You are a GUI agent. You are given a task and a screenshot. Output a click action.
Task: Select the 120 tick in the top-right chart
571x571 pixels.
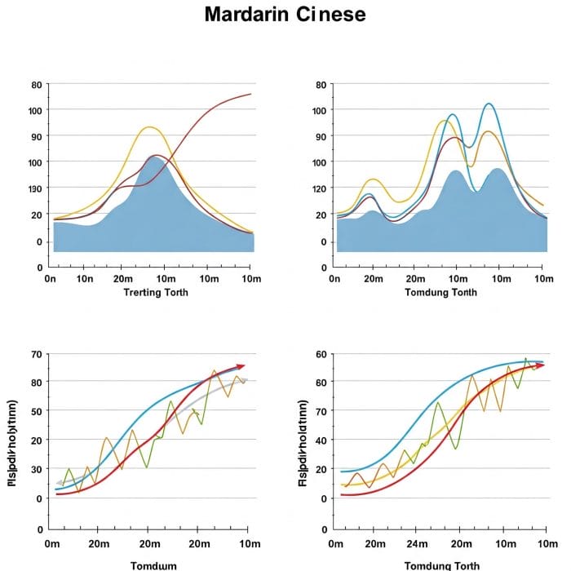[319, 189]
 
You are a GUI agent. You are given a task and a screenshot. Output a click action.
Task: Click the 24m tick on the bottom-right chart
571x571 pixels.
[418, 544]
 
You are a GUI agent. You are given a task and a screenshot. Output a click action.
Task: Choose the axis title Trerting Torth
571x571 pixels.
[155, 292]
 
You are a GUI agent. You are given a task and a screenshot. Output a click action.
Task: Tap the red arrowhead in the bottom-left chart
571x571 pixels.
[240, 367]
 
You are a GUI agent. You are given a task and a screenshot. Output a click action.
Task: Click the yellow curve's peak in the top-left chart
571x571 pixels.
[148, 127]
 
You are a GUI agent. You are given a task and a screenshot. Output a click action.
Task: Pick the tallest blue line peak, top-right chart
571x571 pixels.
[489, 104]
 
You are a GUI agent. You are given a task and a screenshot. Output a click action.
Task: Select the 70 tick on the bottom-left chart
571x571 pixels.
[35, 355]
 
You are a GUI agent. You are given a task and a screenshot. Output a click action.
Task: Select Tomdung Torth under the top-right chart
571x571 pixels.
[440, 292]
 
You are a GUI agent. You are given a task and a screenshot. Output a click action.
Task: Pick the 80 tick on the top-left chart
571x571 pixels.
[35, 85]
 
